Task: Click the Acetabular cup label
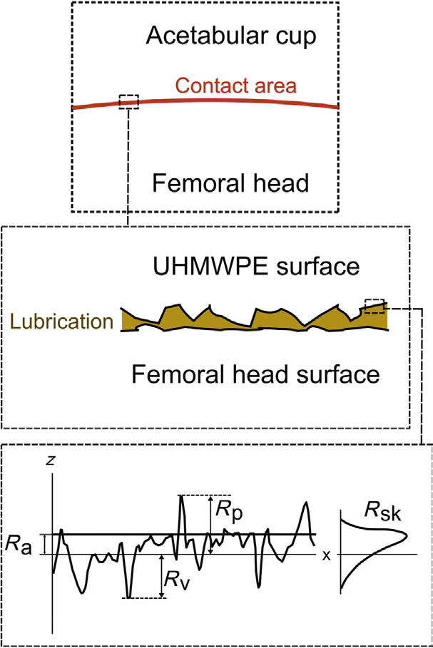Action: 231,36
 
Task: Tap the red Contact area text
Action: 235,86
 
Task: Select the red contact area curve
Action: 205,101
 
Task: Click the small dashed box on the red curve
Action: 128,102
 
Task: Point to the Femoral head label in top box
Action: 230,183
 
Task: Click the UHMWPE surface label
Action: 256,267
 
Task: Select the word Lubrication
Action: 61,322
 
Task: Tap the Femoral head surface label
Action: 255,374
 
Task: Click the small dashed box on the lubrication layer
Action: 375,307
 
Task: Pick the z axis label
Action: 51,460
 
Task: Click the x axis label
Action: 327,555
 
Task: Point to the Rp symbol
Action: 229,511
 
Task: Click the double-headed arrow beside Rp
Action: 211,525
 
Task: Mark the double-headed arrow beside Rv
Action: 162,576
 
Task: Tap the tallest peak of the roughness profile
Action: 180,496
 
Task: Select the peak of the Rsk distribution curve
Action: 407,535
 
